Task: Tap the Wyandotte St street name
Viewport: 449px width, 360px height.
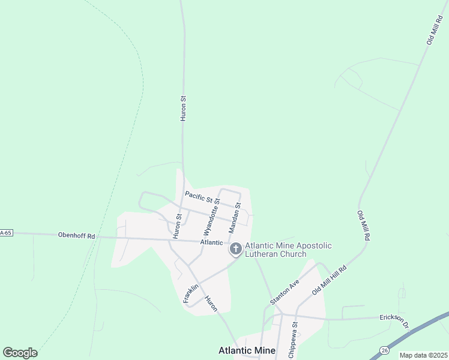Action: (212, 218)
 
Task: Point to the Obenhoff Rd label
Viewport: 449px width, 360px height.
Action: (76, 236)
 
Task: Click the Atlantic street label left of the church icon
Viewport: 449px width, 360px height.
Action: (211, 242)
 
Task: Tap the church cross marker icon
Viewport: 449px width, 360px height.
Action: (236, 248)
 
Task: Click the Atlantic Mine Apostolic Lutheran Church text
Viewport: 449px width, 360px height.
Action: (288, 250)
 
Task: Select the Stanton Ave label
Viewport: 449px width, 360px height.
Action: (285, 292)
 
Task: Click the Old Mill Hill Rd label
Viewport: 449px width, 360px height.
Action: (330, 280)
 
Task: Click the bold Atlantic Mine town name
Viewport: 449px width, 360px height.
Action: (247, 350)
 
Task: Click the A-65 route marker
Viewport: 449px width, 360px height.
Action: (6, 232)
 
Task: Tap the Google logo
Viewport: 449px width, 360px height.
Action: (20, 352)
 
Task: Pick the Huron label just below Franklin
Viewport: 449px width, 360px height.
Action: (211, 304)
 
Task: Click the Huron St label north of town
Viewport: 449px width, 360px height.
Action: (183, 108)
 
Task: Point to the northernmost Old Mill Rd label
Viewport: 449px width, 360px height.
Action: (433, 31)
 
